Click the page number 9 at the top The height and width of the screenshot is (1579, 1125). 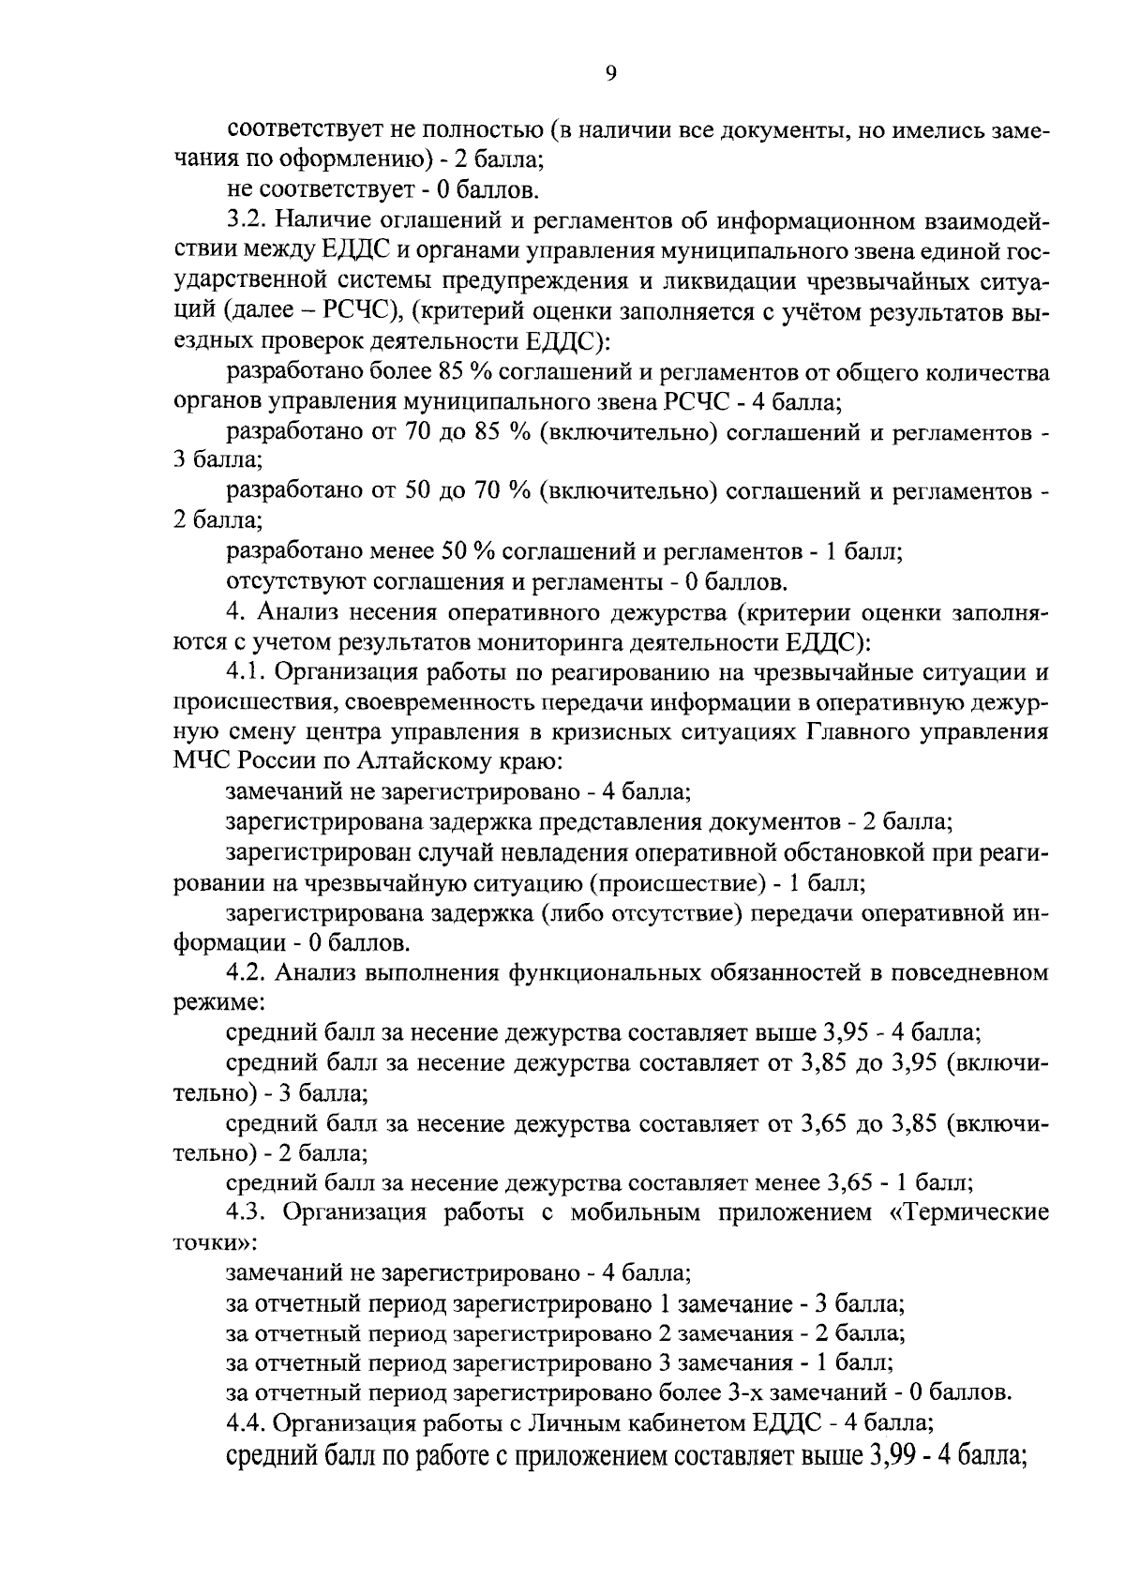coord(610,74)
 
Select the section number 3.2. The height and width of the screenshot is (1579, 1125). coord(247,220)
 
